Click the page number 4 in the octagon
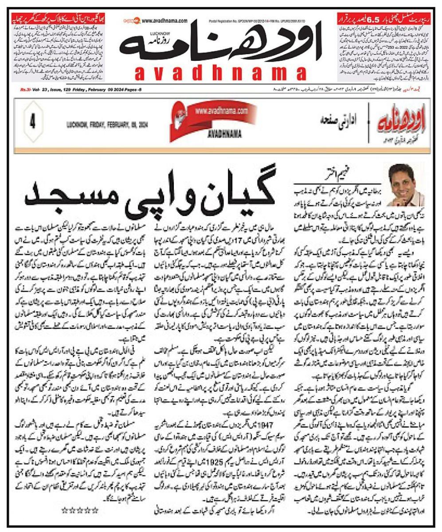[x=32, y=121]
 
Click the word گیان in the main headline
[x=234, y=195]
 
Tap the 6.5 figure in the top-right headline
[x=374, y=20]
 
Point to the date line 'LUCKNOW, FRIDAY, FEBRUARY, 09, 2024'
[x=106, y=125]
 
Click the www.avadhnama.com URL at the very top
[x=164, y=20]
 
